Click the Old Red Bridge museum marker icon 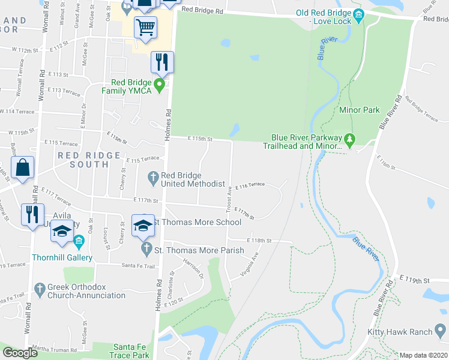click(x=359, y=14)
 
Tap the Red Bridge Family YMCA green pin click(x=159, y=86)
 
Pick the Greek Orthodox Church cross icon click(x=40, y=289)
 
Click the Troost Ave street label click(x=229, y=199)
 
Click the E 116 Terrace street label click(x=250, y=186)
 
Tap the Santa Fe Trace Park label click(x=131, y=351)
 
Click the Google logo click(x=20, y=353)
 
